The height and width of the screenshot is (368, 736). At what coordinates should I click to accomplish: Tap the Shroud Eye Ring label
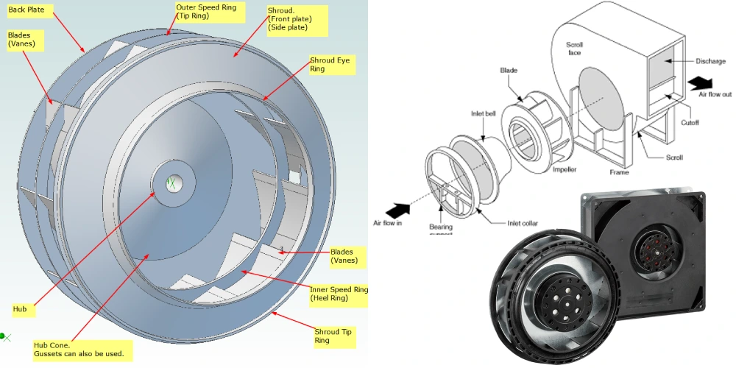pos(330,64)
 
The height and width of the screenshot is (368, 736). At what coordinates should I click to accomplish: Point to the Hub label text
pos(20,309)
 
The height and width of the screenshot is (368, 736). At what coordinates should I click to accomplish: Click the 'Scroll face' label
pos(575,49)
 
